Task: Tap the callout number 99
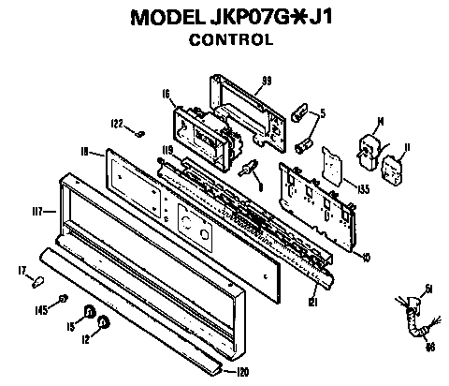267,80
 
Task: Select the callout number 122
118,124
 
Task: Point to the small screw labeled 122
138,131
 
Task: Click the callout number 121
313,302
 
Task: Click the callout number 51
429,289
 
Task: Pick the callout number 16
165,96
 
